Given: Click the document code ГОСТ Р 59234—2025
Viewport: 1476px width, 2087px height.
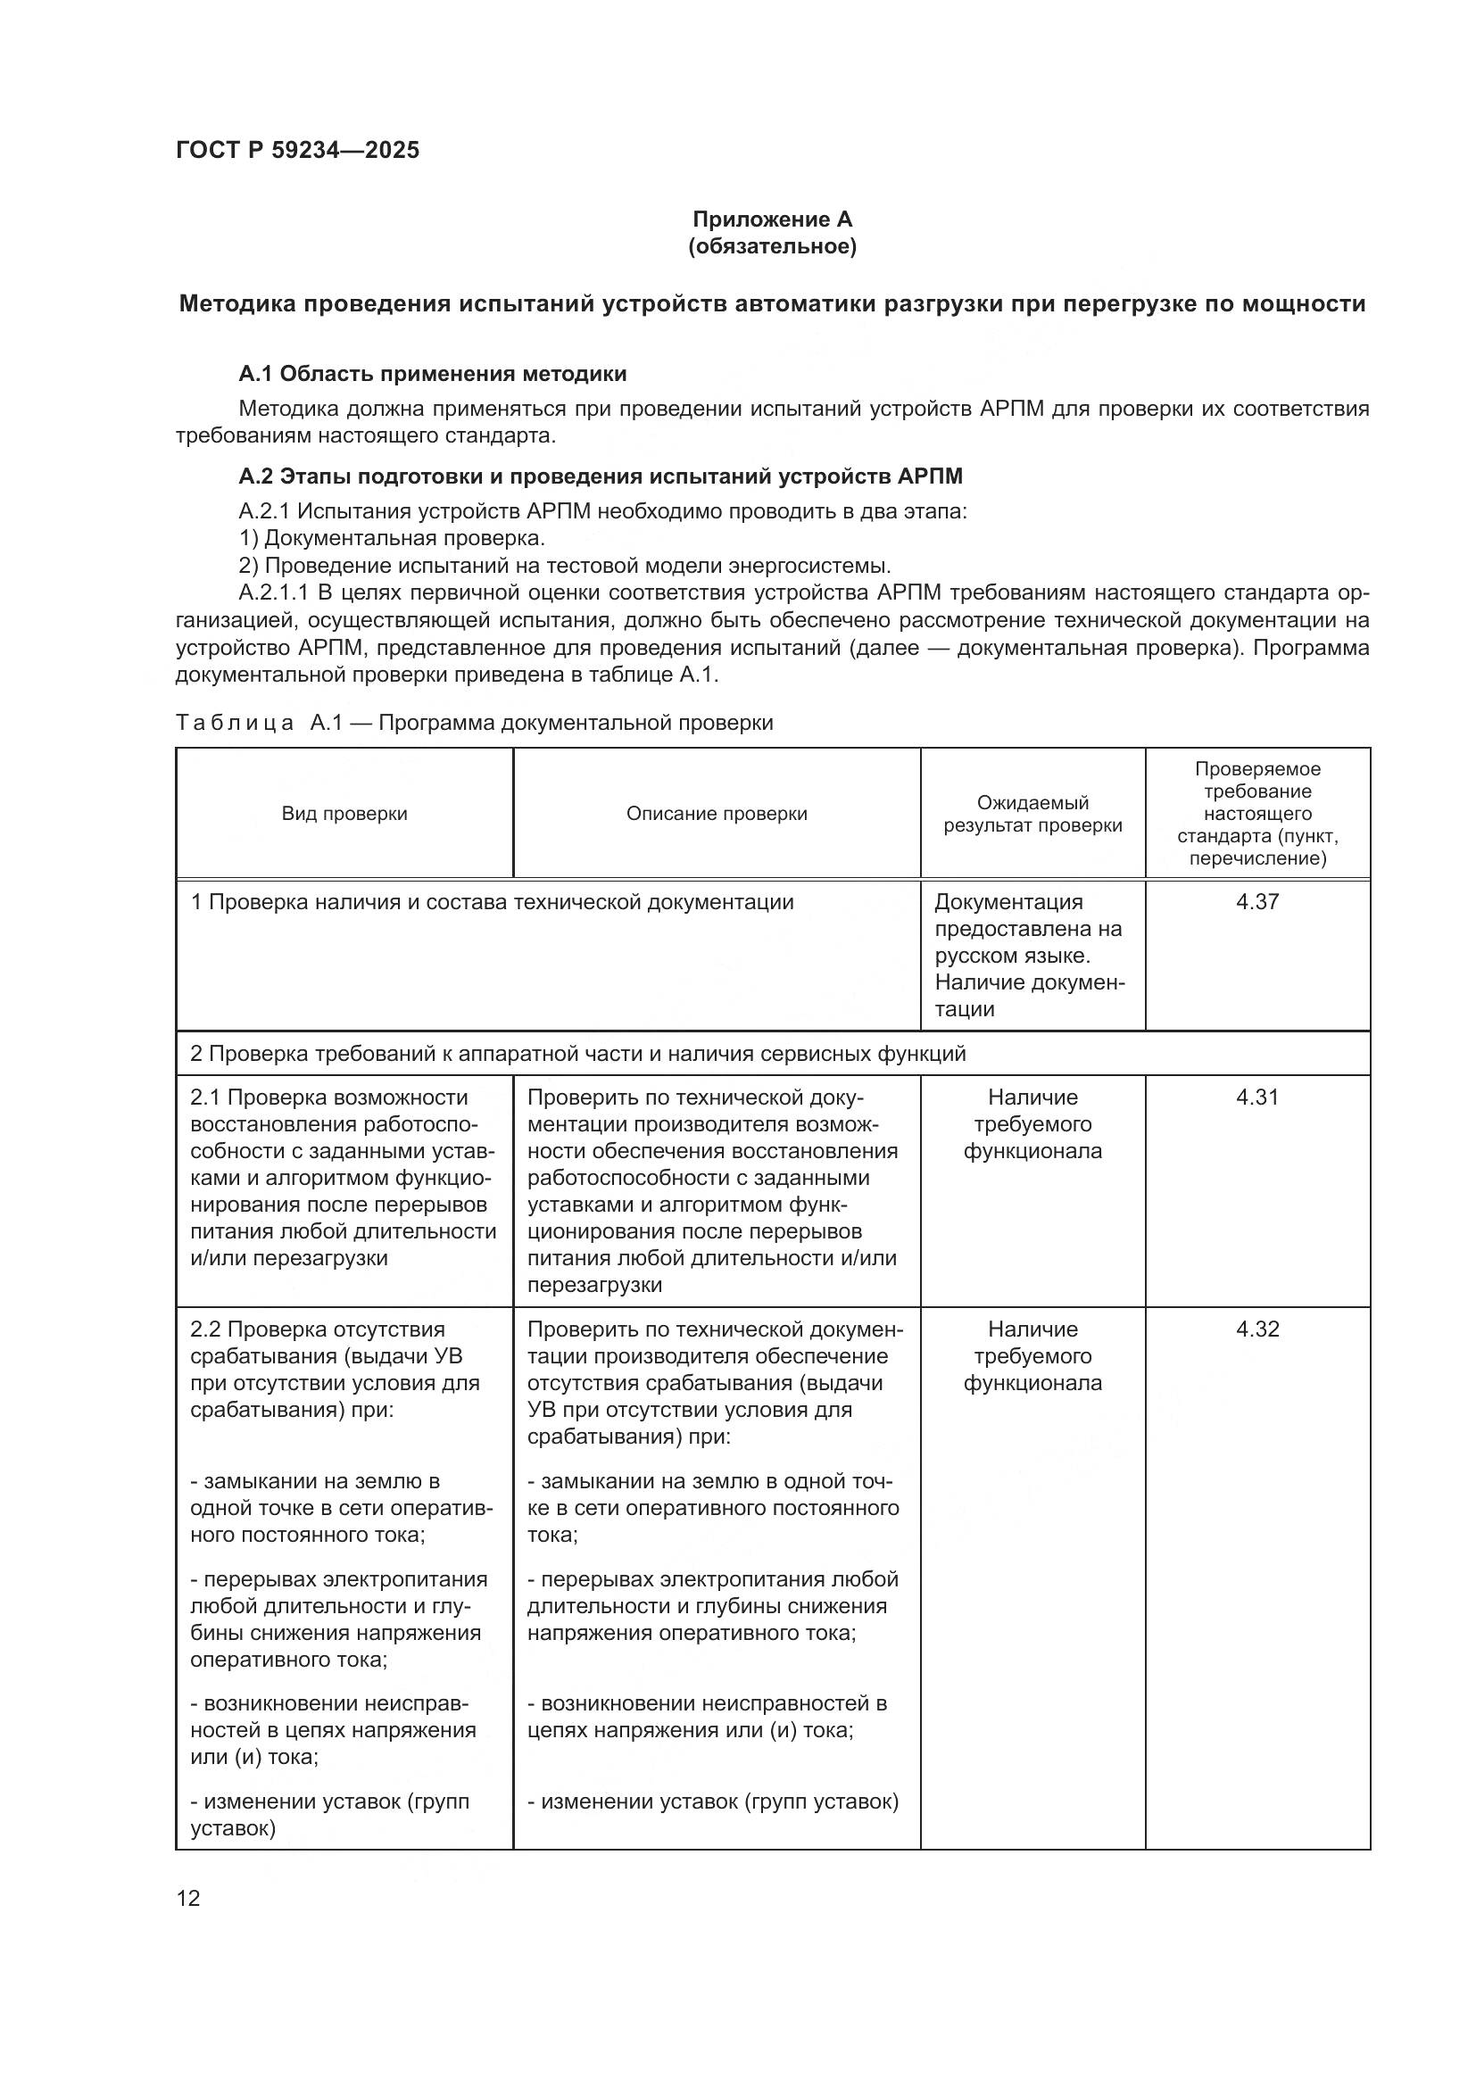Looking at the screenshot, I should tap(297, 150).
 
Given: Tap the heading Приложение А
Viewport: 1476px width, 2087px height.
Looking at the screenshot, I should tap(772, 219).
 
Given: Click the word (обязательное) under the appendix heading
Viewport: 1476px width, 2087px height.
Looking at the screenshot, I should tap(772, 246).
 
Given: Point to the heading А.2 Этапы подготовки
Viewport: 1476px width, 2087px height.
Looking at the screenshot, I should tap(600, 476).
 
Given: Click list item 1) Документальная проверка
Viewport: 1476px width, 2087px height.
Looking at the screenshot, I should tap(392, 538).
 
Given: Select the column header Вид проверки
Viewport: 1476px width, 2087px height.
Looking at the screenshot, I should tap(344, 814).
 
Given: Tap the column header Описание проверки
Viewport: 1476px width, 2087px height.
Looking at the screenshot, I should tap(717, 814).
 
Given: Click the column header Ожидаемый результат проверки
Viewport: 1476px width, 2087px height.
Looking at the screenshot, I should tap(1032, 814).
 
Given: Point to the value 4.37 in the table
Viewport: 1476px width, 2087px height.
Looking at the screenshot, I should tap(1257, 902).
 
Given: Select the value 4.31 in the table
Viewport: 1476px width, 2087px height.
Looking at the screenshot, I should tap(1257, 1097).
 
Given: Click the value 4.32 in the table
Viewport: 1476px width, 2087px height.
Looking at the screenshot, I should tap(1257, 1329).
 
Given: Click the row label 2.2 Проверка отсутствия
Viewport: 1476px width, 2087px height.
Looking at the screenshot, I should tap(317, 1329).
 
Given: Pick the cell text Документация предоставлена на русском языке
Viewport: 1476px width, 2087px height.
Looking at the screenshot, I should tap(1027, 929).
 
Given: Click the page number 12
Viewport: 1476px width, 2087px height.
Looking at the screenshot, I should tap(188, 1898).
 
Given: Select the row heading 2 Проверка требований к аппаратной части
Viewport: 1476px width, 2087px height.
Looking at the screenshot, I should tap(577, 1054).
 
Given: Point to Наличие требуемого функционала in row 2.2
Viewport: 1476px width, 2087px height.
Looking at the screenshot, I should tap(1032, 1356).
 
